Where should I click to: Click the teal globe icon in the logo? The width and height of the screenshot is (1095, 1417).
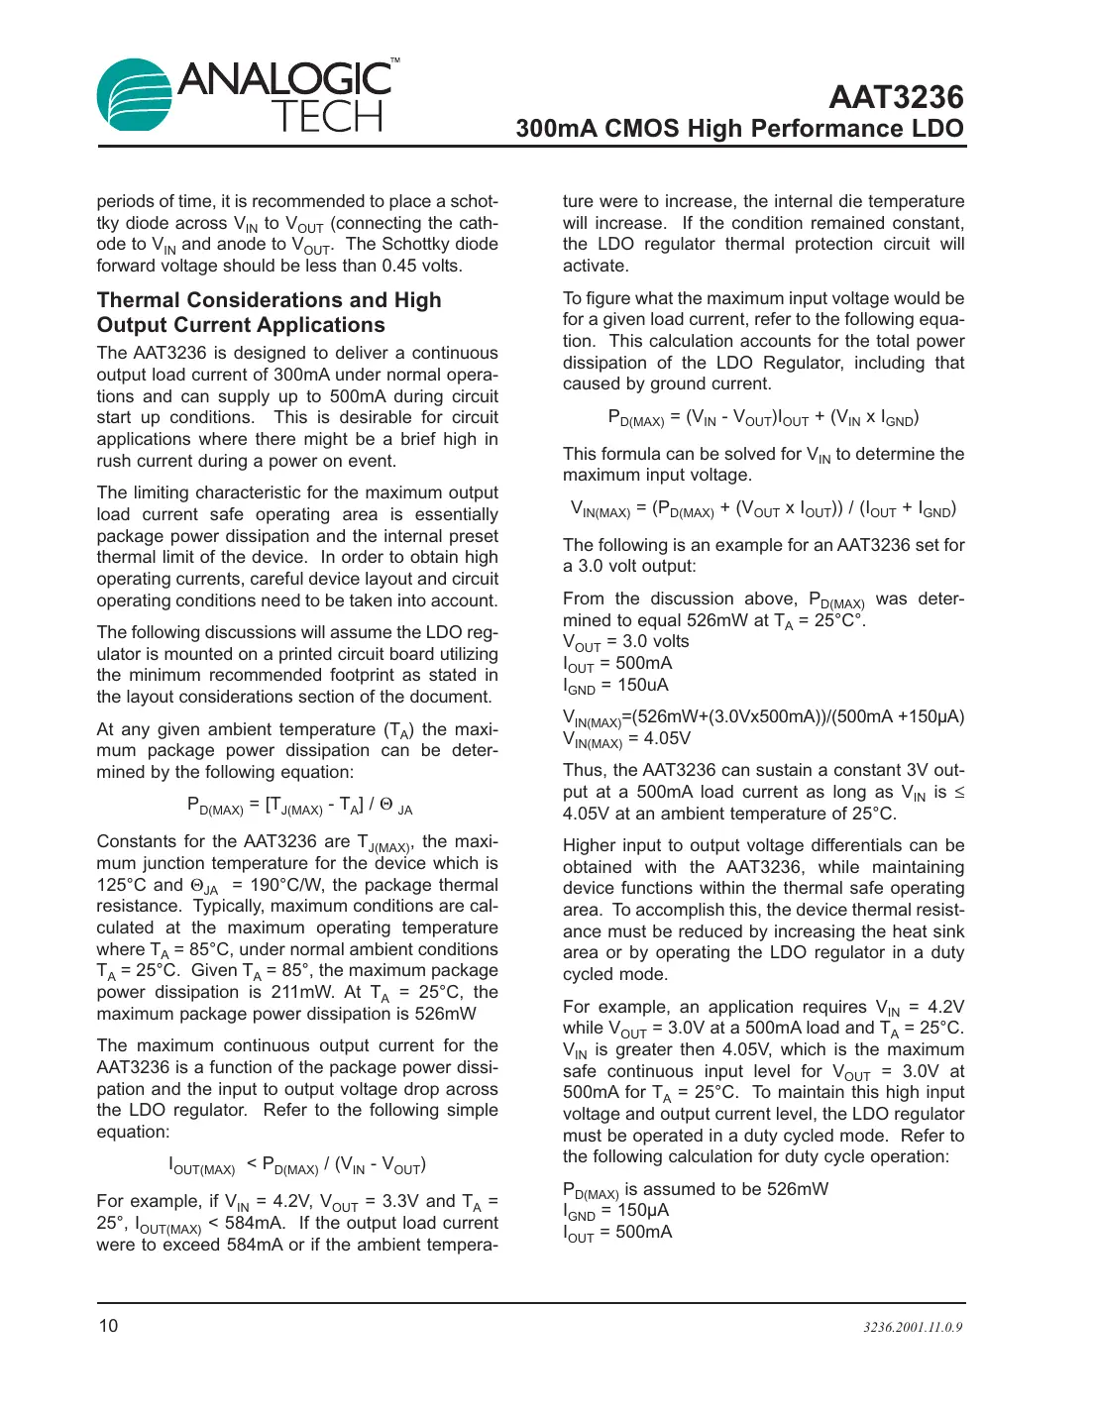134,95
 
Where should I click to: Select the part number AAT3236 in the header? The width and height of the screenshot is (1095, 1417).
895,97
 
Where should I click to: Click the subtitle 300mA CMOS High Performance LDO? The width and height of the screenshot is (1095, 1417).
739,129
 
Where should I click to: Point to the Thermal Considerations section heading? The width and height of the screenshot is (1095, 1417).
269,312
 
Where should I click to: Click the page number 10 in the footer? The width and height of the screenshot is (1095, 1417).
107,1326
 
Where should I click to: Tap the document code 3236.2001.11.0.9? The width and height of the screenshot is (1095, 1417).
912,1327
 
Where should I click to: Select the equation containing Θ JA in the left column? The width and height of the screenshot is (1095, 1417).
299,806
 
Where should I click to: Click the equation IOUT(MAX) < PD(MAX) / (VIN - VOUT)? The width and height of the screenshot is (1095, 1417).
297,1165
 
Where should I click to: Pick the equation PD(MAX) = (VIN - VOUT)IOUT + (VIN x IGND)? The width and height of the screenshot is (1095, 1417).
763,418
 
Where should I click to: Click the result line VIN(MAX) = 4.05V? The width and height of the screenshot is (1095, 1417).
626,738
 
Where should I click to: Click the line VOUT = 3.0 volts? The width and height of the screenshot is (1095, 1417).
625,642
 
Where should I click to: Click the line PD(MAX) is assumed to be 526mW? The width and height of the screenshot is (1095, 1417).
695,1189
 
